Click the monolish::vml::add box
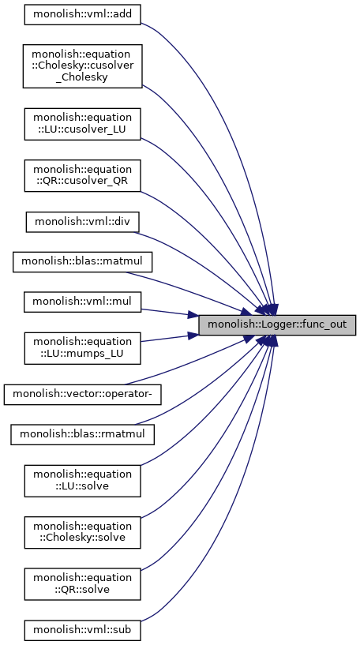click(x=82, y=14)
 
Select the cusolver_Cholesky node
click(x=82, y=66)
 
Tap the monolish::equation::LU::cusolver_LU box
click(x=82, y=124)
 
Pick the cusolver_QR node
click(x=82, y=175)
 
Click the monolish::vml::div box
click(x=82, y=222)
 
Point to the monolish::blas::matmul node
click(x=82, y=261)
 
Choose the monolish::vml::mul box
click(x=82, y=302)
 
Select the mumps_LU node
click(x=82, y=348)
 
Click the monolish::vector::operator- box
click(x=82, y=394)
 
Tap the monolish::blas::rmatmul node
click(x=82, y=434)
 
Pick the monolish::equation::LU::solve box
click(x=82, y=481)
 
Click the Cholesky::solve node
click(x=82, y=532)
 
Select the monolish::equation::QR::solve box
click(x=82, y=584)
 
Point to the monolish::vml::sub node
click(x=82, y=630)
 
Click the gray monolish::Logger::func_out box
click(x=277, y=325)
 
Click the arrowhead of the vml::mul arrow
click(x=193, y=316)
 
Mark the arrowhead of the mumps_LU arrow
click(x=193, y=335)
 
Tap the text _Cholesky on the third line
click(x=82, y=77)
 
